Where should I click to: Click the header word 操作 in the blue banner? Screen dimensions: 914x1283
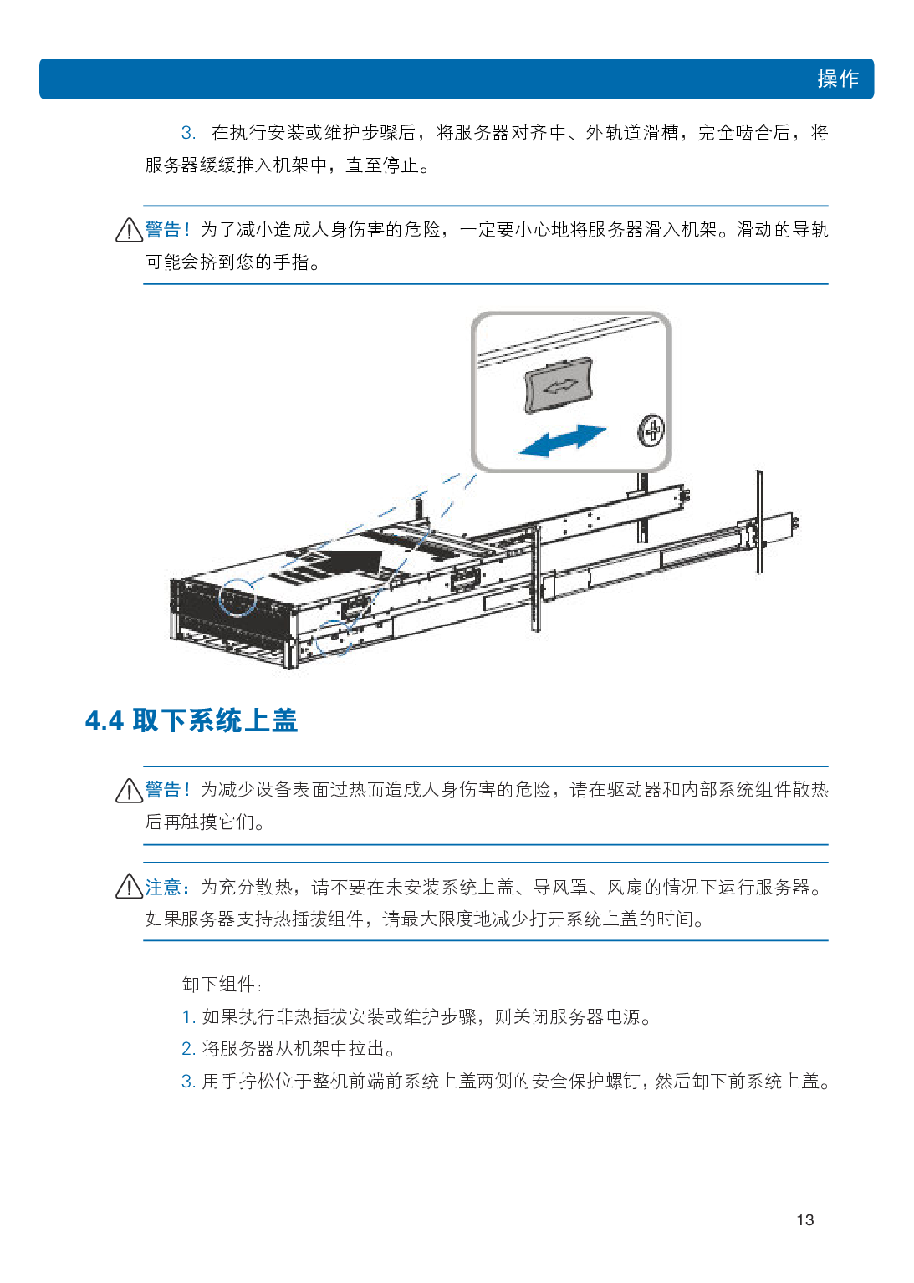coord(837,79)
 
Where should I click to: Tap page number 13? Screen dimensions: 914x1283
coord(804,1219)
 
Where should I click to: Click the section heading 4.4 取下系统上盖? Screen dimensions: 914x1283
coord(191,720)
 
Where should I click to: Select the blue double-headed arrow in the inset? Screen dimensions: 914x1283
coord(562,440)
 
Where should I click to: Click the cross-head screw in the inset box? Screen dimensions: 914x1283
coord(651,430)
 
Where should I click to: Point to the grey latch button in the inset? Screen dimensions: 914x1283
coord(559,384)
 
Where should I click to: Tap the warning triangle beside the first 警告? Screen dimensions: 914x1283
coord(129,230)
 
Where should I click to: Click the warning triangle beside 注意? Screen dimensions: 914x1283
coord(129,886)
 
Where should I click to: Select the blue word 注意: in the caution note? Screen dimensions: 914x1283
coord(166,887)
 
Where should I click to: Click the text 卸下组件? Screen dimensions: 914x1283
coord(222,984)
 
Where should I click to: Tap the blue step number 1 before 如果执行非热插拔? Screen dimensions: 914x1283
coord(188,1016)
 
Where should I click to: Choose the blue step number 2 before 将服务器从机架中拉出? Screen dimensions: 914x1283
coord(188,1049)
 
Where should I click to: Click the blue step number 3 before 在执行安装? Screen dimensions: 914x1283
coord(188,133)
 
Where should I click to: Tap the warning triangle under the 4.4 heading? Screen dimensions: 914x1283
coord(129,791)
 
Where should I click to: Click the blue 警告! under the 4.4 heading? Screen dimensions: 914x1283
coord(166,789)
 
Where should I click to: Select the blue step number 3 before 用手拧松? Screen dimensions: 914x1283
coord(188,1082)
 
